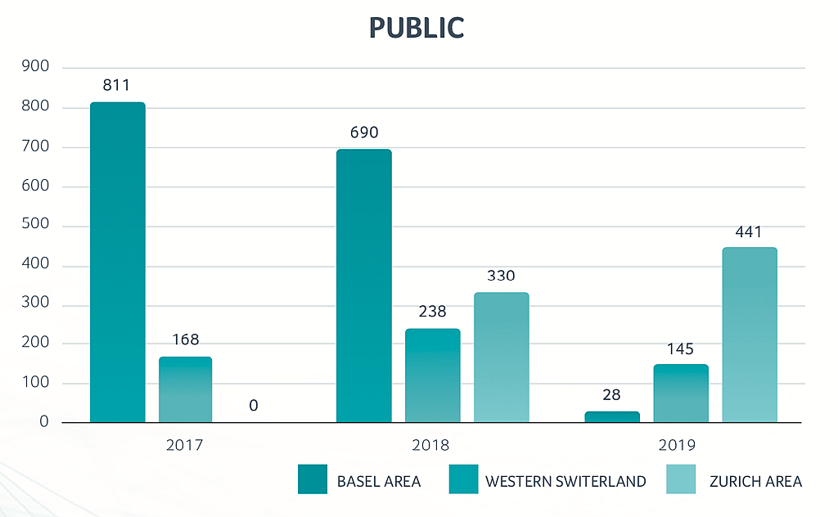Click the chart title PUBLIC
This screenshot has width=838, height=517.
point(417,28)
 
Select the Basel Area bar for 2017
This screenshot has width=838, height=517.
point(118,262)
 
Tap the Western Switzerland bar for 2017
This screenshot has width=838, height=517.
point(186,389)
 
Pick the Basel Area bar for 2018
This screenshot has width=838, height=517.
point(364,285)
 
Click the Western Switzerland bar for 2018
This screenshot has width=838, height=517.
point(433,375)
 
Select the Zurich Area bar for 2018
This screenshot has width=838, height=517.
point(502,357)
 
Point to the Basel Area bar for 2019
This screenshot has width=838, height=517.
point(612,417)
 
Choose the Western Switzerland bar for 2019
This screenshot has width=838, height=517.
point(681,393)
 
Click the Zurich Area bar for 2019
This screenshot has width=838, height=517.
point(750,335)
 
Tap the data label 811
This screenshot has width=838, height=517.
point(116,85)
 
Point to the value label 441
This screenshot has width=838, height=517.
point(748,232)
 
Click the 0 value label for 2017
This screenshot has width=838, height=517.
point(254,405)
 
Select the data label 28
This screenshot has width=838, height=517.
point(611,395)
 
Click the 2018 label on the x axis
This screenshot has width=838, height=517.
point(431,446)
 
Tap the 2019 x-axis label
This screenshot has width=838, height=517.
point(678,446)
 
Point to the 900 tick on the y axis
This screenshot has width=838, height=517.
point(35,67)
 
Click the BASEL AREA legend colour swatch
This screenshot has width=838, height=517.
point(313,480)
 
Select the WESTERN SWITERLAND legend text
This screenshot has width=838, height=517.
point(565,481)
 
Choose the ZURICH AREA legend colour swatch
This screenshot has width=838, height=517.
point(681,480)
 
